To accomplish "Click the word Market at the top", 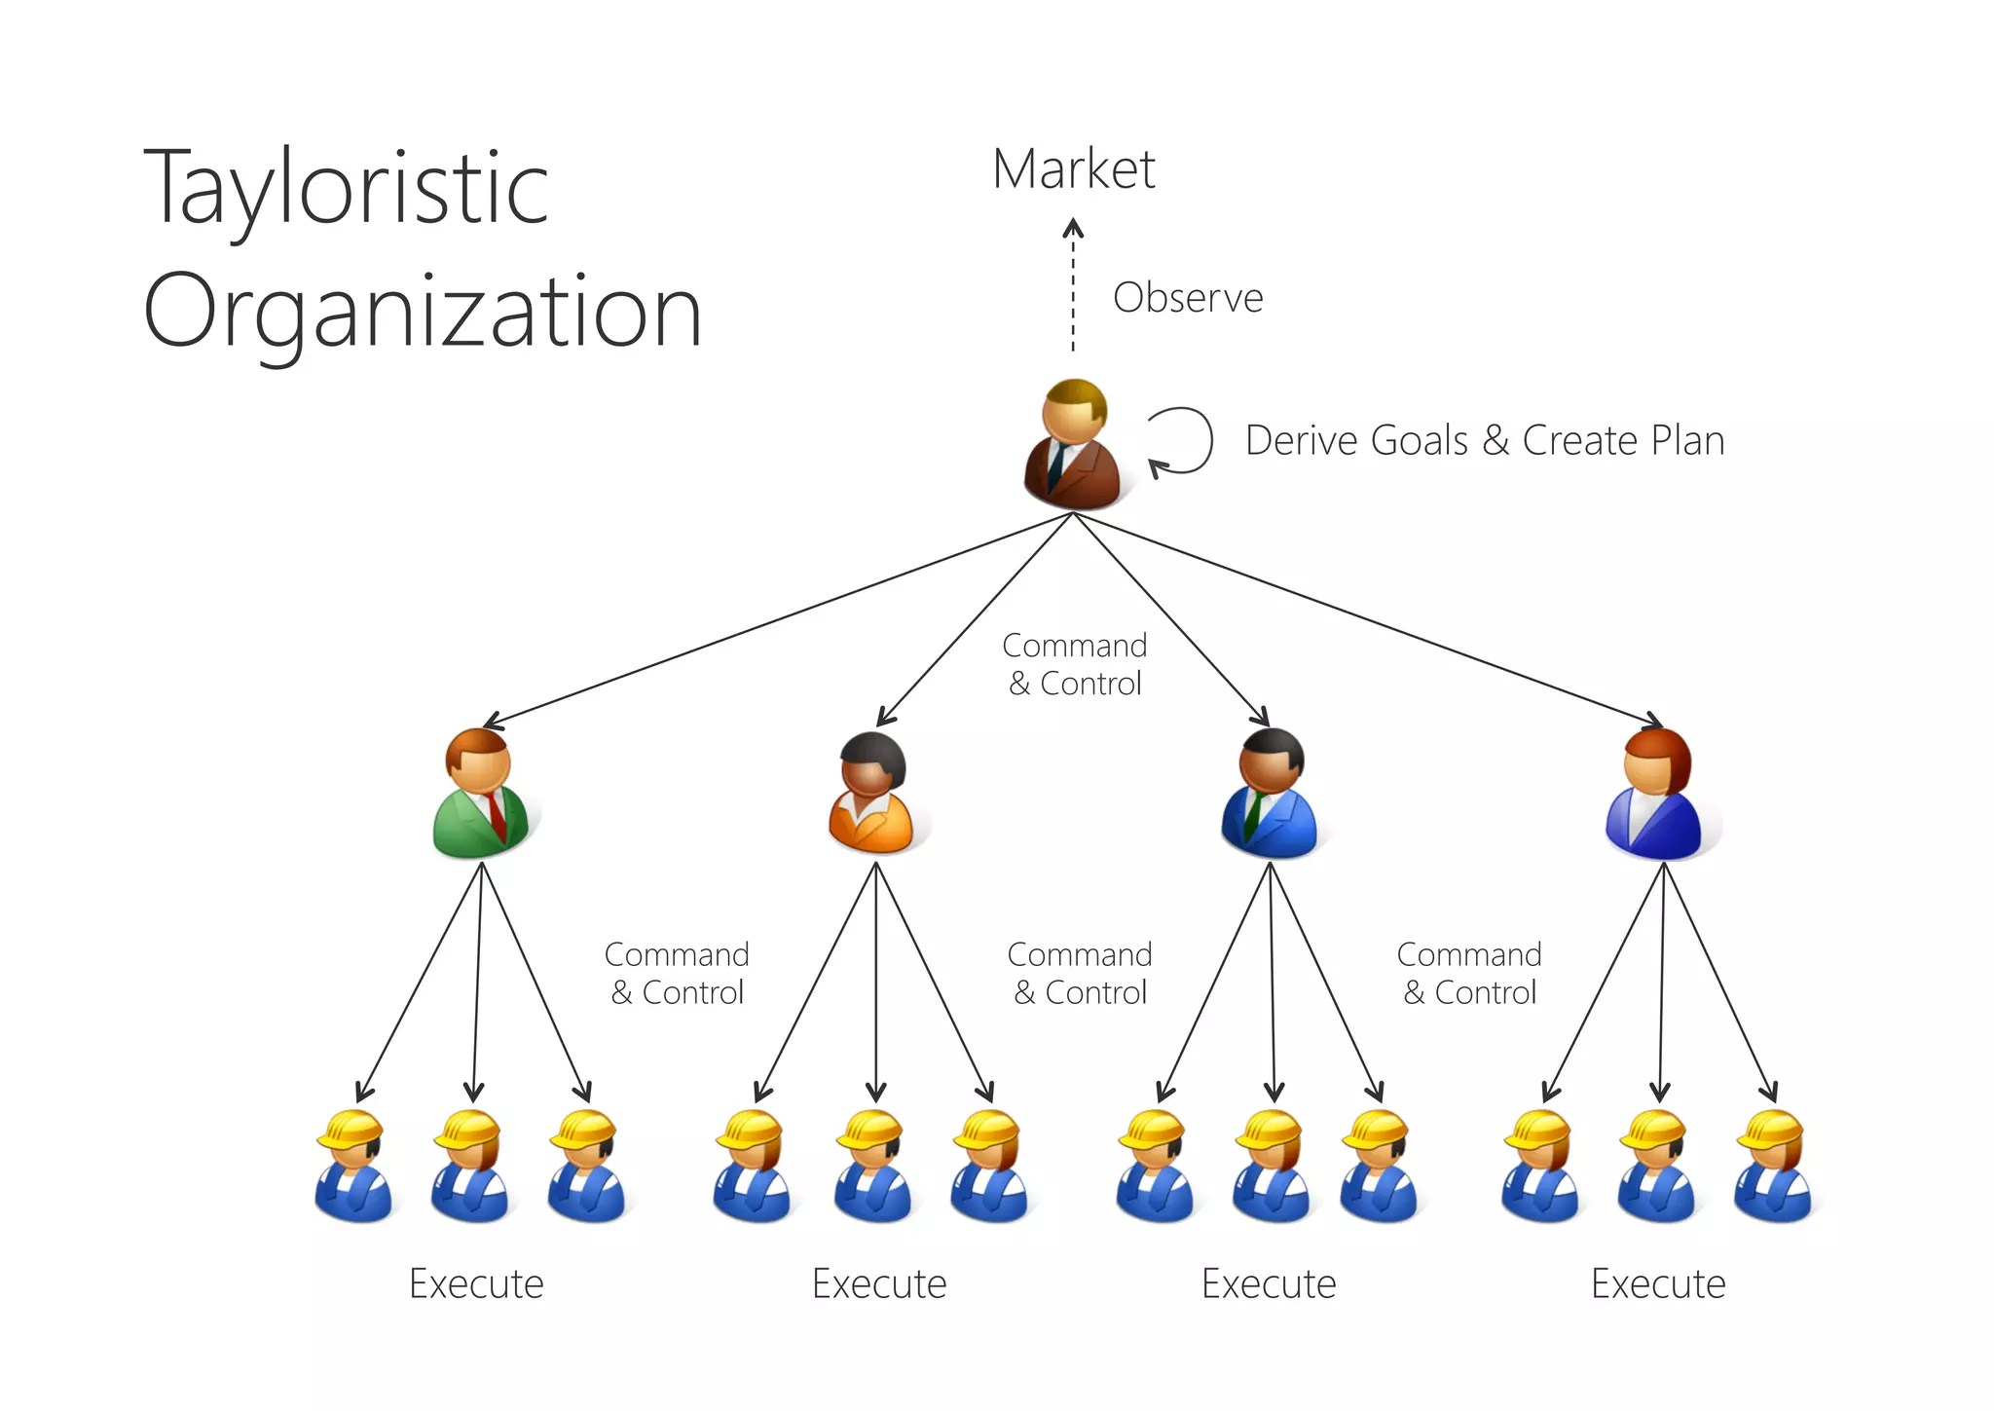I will pos(1073,169).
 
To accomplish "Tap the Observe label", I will pos(1187,298).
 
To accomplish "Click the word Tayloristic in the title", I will pos(346,189).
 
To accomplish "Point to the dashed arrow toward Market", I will pos(1073,287).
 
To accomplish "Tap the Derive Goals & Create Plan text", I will pos(1484,440).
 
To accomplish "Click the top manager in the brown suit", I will pos(1072,446).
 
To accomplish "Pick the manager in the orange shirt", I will pos(872,795).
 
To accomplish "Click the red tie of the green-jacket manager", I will pos(497,816).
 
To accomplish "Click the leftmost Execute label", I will pos(476,1283).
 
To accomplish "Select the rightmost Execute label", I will pos(1657,1283).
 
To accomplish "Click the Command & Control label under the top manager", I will pos(1074,664).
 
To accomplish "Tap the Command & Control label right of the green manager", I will pos(677,973).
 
